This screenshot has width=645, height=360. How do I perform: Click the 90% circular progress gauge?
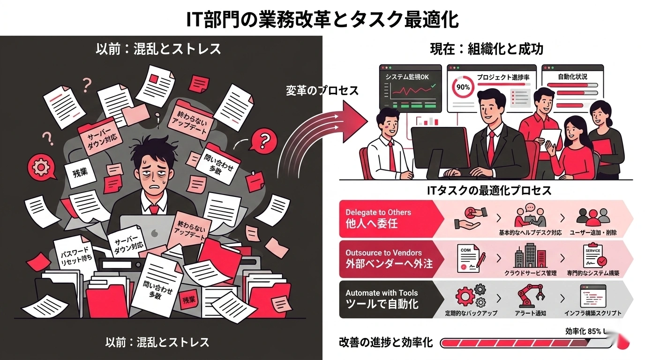tap(463, 87)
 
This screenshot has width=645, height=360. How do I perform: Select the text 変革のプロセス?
tap(322, 91)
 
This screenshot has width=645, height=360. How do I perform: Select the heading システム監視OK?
tap(406, 77)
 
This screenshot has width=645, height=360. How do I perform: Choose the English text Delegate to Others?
tap(378, 212)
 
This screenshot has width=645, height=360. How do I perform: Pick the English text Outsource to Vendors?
tap(383, 253)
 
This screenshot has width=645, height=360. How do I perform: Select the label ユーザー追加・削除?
tap(593, 232)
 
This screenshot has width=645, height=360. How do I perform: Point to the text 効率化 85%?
tap(583, 331)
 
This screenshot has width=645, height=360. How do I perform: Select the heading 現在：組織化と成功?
tap(487, 49)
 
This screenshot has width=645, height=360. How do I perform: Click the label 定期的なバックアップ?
tap(471, 313)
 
